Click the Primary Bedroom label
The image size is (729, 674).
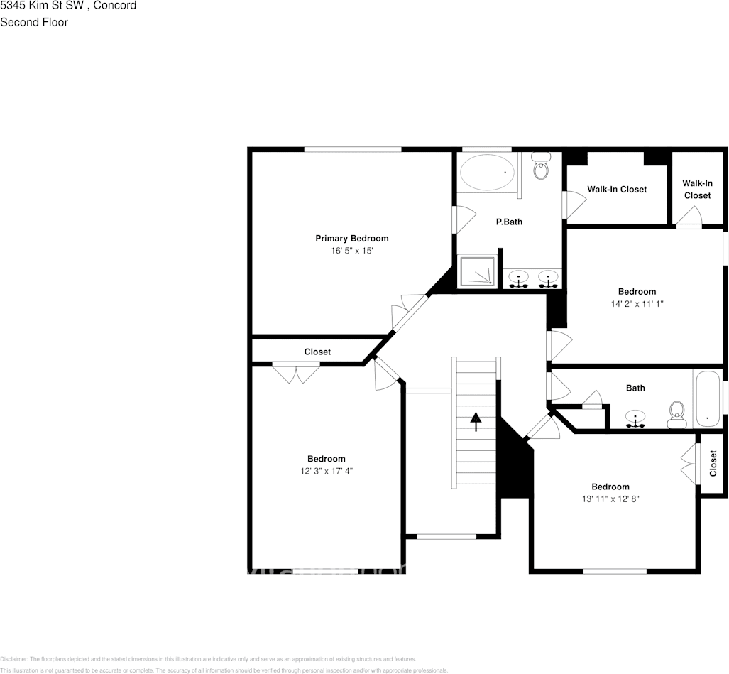pos(351,238)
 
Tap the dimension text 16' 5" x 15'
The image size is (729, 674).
pos(351,251)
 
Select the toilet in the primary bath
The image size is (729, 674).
pos(541,166)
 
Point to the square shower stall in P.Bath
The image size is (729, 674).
pos(477,271)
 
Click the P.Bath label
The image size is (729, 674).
pos(508,222)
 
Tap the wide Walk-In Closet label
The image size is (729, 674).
pos(616,190)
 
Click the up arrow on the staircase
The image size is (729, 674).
pos(475,421)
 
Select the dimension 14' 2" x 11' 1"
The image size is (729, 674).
pos(636,303)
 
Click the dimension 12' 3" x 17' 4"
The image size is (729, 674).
pos(326,471)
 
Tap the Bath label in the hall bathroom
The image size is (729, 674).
pos(635,388)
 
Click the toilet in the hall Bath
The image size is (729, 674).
pos(676,414)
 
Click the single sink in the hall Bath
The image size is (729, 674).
pos(635,418)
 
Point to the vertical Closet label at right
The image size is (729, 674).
pos(713,463)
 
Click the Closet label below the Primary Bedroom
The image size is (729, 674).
pos(317,352)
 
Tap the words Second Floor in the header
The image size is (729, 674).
pos(34,22)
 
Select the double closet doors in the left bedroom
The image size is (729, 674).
pos(297,374)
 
